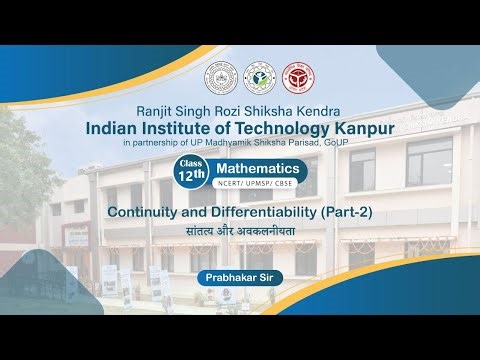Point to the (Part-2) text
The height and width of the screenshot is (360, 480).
pyautogui.click(x=335, y=214)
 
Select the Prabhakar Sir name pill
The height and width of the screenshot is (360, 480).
pyautogui.click(x=240, y=271)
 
